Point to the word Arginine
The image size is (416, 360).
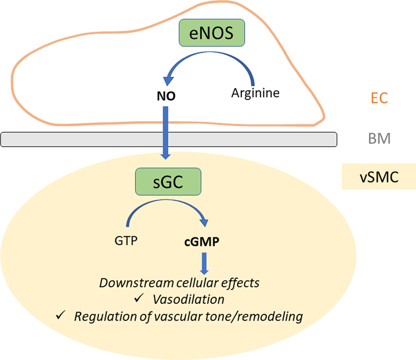pyautogui.click(x=255, y=93)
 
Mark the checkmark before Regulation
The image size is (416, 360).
pyautogui.click(x=61, y=316)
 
